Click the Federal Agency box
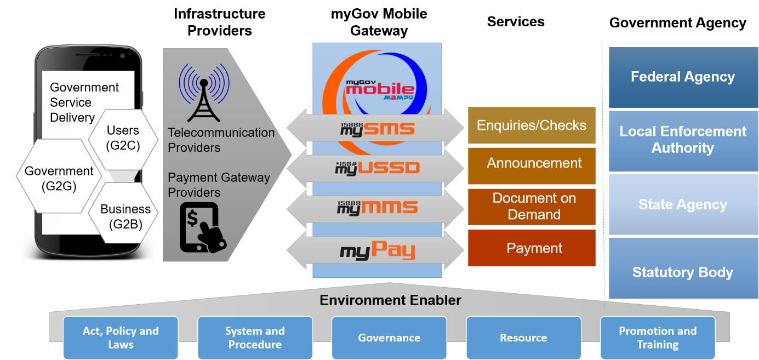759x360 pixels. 682,77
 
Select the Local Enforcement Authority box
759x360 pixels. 682,140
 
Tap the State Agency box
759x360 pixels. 682,205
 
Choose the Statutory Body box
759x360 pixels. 682,272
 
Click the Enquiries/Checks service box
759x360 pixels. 531,125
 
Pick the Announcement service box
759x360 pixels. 531,163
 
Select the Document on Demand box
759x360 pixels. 531,207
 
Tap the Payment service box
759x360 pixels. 531,248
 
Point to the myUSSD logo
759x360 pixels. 377,168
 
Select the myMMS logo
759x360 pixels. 377,207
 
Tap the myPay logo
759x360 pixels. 377,252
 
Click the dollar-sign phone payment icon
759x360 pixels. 202,227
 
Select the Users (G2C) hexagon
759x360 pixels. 123,138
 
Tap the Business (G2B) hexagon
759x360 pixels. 125,216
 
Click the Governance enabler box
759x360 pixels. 389,338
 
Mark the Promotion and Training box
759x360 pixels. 658,338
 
